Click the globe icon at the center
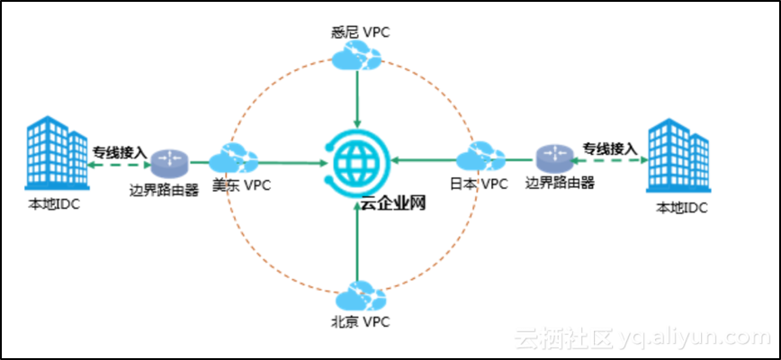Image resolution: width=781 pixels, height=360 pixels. [x=358, y=162]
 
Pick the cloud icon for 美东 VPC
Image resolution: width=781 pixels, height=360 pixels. [x=233, y=159]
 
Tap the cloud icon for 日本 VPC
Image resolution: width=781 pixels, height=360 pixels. [x=479, y=158]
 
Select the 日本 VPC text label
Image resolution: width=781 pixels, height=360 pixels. [x=479, y=184]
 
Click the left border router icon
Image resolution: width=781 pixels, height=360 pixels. [x=167, y=162]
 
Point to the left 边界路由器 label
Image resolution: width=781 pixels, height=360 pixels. [x=164, y=191]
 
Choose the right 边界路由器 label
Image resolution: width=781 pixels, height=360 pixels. [x=560, y=184]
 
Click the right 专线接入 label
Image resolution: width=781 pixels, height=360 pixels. [x=608, y=148]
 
